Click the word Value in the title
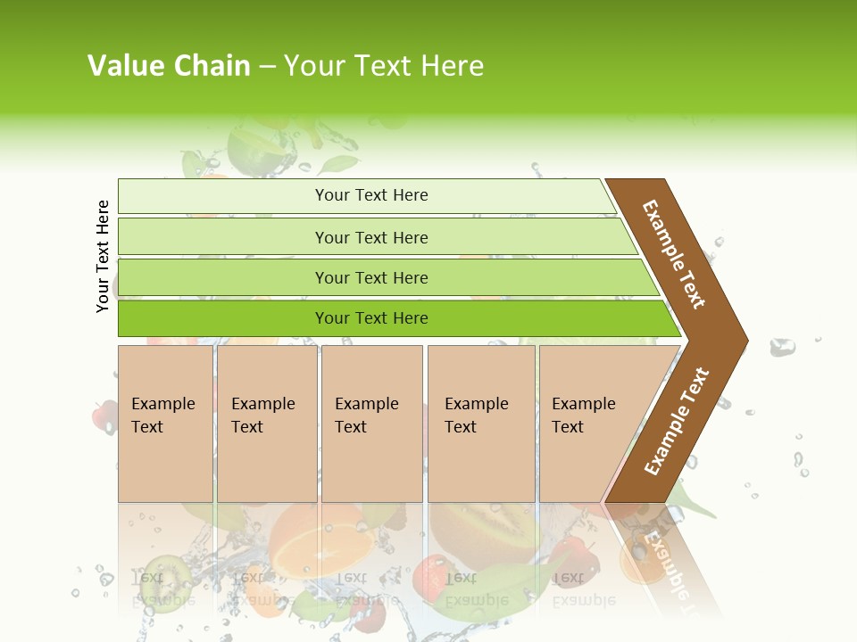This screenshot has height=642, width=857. [126, 66]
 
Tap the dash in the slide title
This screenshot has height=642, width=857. [267, 67]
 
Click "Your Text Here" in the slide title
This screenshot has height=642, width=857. [384, 66]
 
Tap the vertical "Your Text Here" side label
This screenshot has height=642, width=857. [103, 256]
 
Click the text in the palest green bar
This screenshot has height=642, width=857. [371, 195]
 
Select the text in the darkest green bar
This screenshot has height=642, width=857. [371, 318]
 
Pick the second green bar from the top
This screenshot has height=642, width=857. [371, 237]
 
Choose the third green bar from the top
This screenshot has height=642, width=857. [371, 278]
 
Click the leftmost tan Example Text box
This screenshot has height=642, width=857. [165, 423]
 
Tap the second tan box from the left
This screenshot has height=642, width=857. [266, 423]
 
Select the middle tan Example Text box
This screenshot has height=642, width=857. [371, 423]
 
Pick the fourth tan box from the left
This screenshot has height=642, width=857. [481, 423]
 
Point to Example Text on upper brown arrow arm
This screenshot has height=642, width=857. [674, 254]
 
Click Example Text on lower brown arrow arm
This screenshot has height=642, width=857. [677, 421]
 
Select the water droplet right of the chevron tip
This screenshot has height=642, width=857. [782, 347]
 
